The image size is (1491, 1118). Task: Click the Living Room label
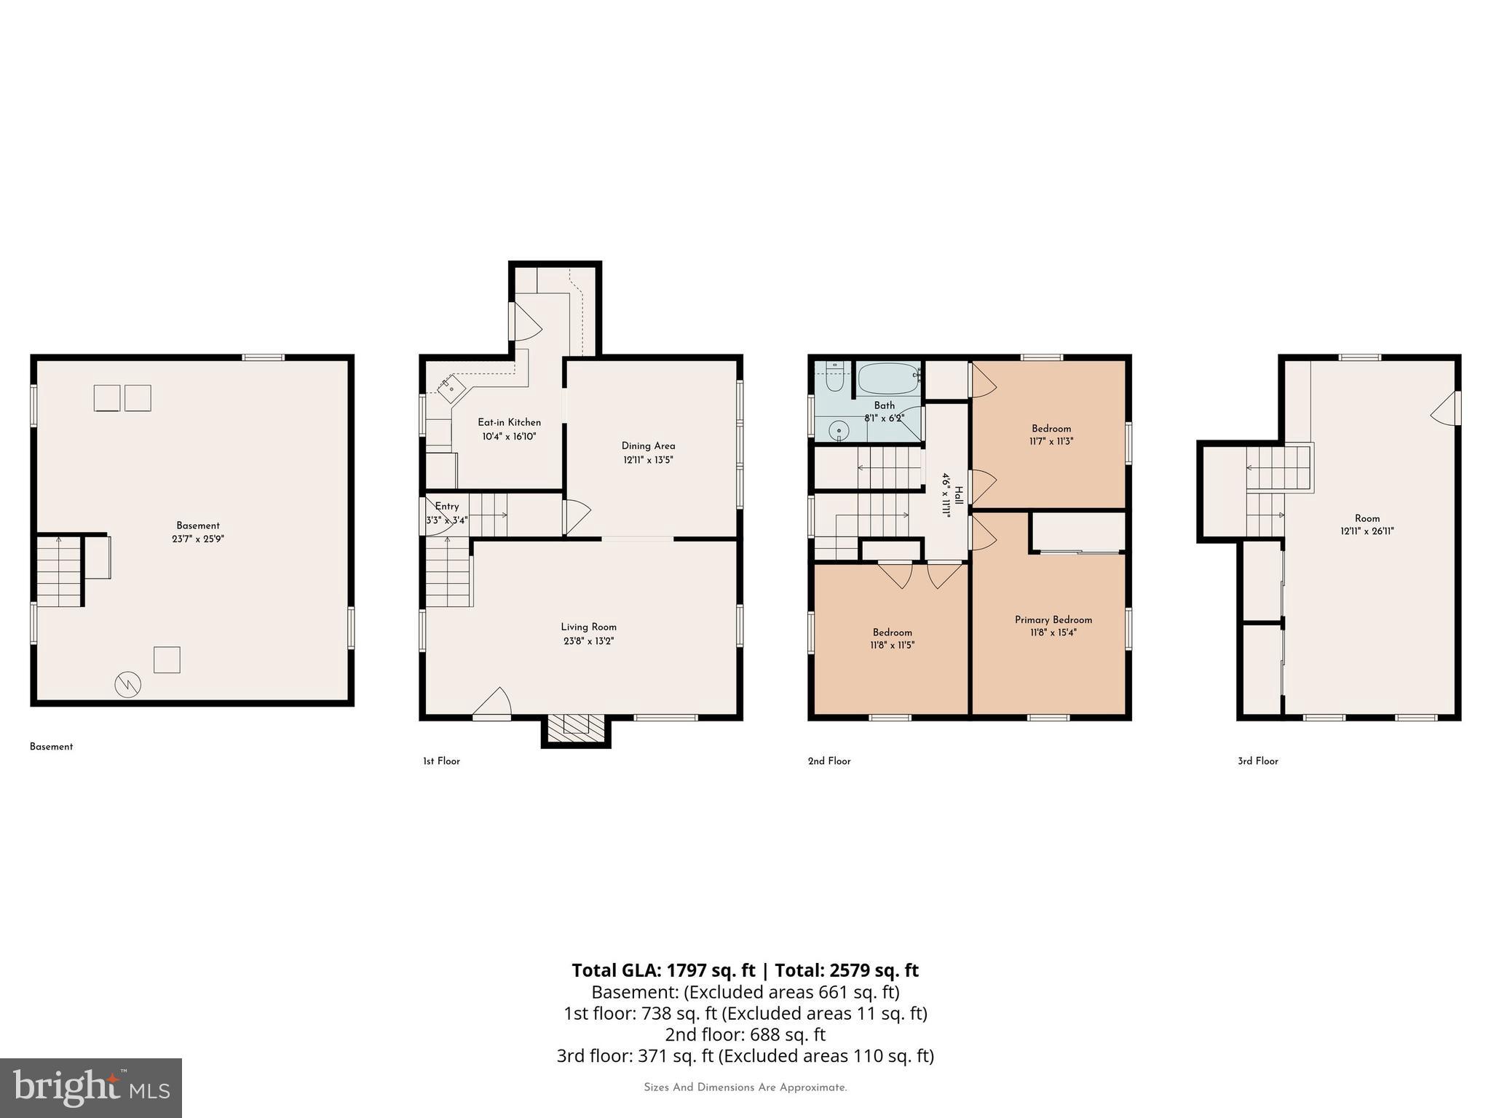588,627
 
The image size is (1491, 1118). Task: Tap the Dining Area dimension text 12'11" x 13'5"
648,460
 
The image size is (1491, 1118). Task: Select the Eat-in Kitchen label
509,422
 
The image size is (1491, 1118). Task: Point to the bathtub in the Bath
888,378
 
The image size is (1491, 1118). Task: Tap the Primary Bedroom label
1053,620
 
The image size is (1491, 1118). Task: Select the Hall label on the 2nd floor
959,495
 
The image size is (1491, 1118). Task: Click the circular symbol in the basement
127,684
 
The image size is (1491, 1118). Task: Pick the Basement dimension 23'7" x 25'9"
197,539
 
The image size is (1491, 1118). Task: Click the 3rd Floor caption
1257,761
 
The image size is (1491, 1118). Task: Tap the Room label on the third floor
1367,519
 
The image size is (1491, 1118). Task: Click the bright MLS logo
91,1087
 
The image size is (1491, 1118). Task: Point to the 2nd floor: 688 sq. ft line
745,1034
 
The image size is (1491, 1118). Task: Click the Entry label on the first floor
446,507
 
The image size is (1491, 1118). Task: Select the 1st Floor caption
441,761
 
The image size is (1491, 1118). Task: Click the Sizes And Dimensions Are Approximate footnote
745,1087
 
